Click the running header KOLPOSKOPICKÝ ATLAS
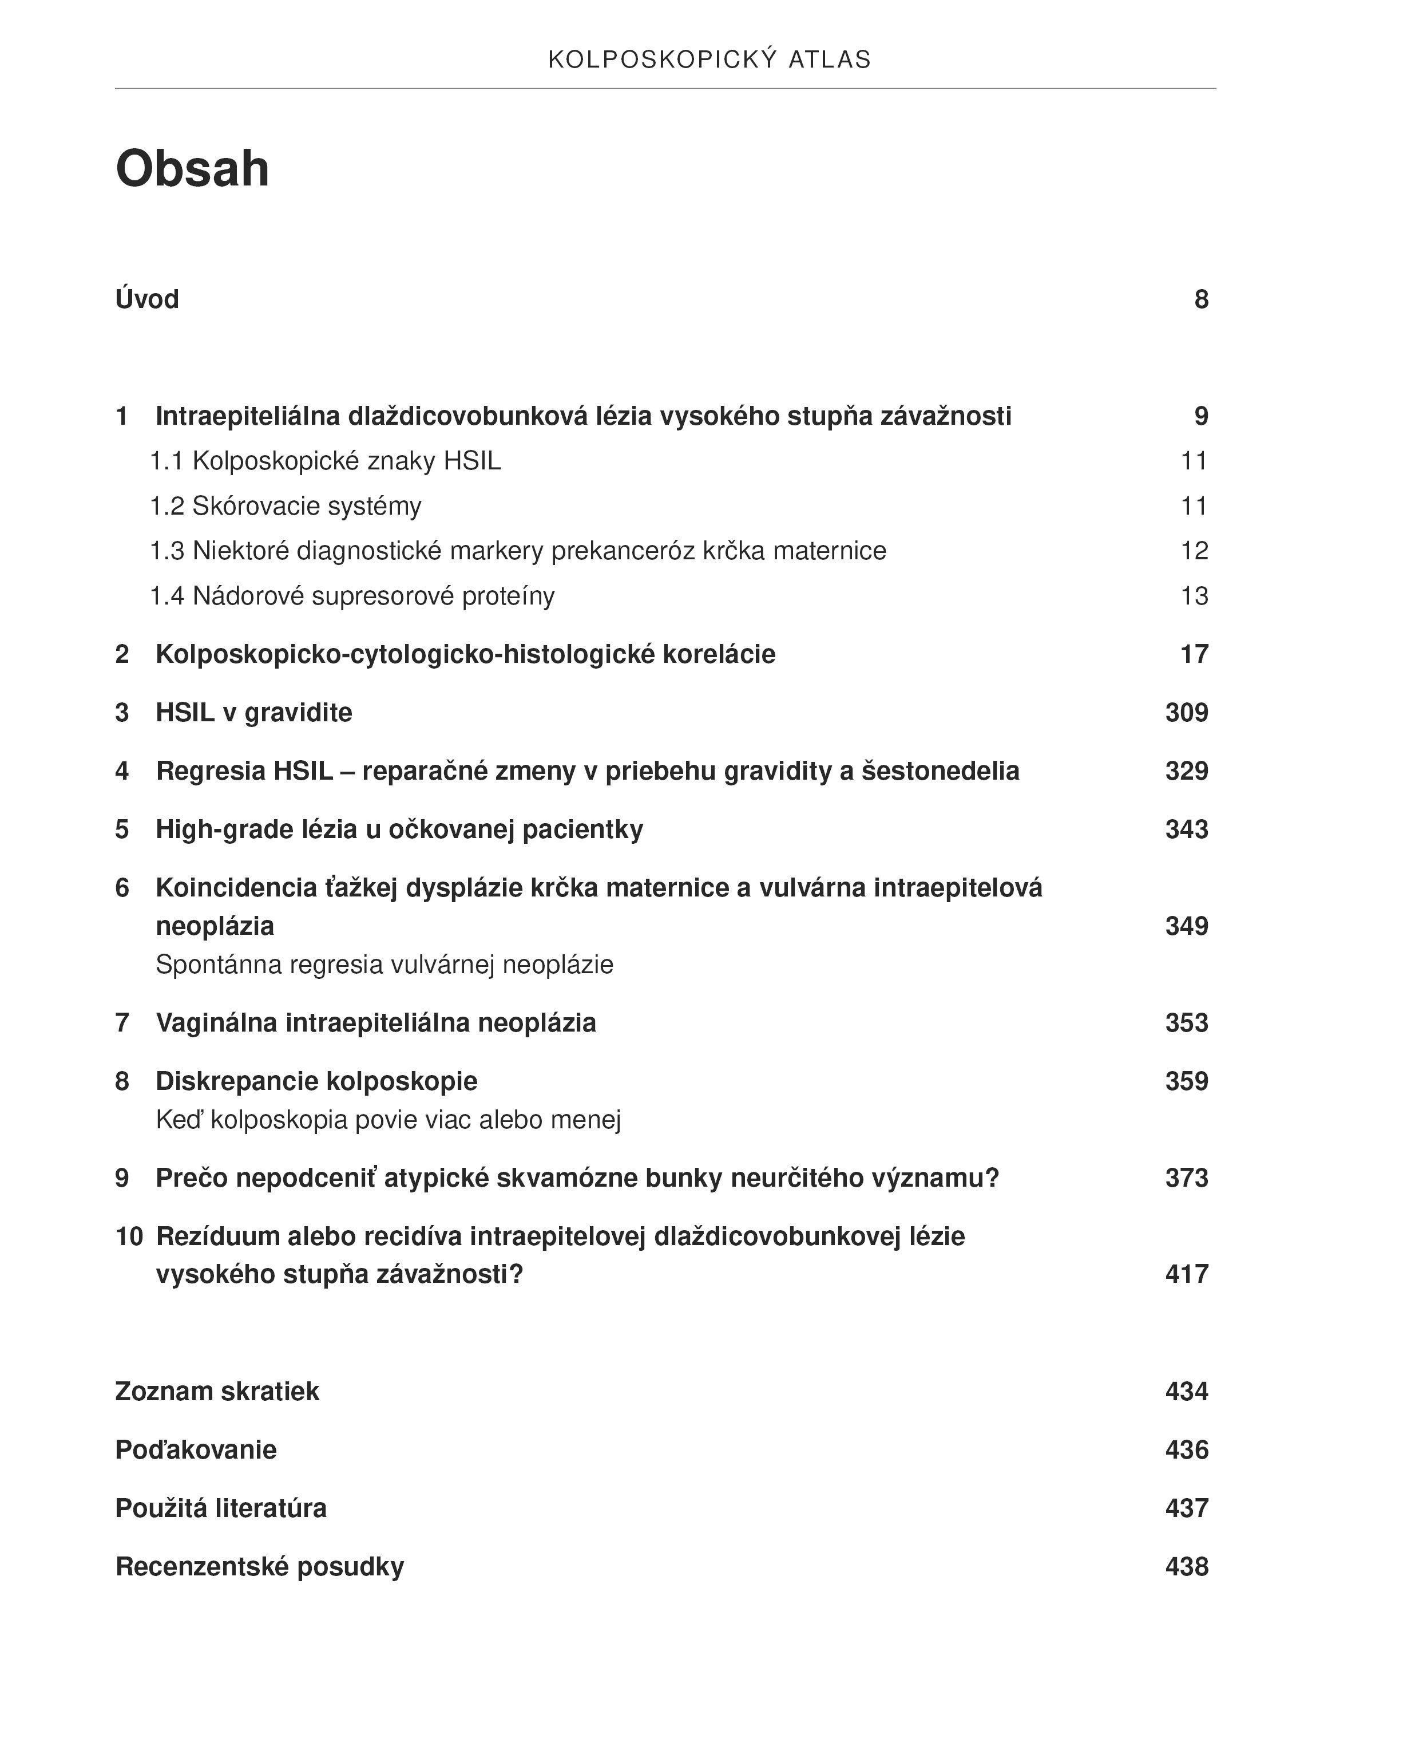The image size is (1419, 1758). (709, 60)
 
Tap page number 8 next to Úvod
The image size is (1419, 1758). (1201, 299)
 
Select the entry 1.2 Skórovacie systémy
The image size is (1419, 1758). (286, 506)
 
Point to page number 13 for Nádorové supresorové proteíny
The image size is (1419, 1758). (1194, 596)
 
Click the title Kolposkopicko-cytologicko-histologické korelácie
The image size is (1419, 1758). (465, 654)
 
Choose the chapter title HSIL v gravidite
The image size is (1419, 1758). (253, 712)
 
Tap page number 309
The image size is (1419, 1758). (1186, 712)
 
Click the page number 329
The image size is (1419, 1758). (1186, 771)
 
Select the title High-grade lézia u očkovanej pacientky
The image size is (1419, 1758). (399, 829)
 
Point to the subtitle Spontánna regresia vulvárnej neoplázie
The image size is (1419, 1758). (384, 965)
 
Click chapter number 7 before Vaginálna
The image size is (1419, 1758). (122, 1023)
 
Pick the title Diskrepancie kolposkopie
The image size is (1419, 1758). (316, 1081)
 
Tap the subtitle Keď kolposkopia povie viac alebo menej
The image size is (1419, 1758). (389, 1119)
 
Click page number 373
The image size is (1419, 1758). (1186, 1178)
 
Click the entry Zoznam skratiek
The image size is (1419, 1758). (217, 1391)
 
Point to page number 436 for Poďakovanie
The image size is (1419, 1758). (1186, 1450)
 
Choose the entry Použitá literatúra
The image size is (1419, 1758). (221, 1508)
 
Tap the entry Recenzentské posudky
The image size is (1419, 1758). (259, 1566)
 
